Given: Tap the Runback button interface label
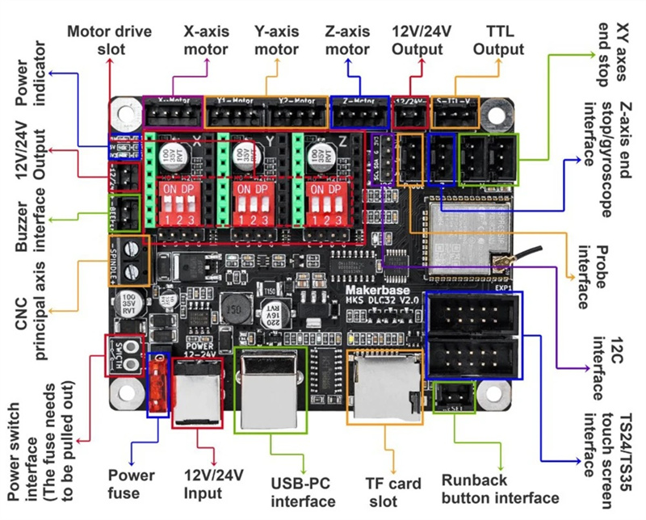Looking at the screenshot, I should (x=505, y=489).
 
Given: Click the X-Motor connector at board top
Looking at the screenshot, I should (x=172, y=114).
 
